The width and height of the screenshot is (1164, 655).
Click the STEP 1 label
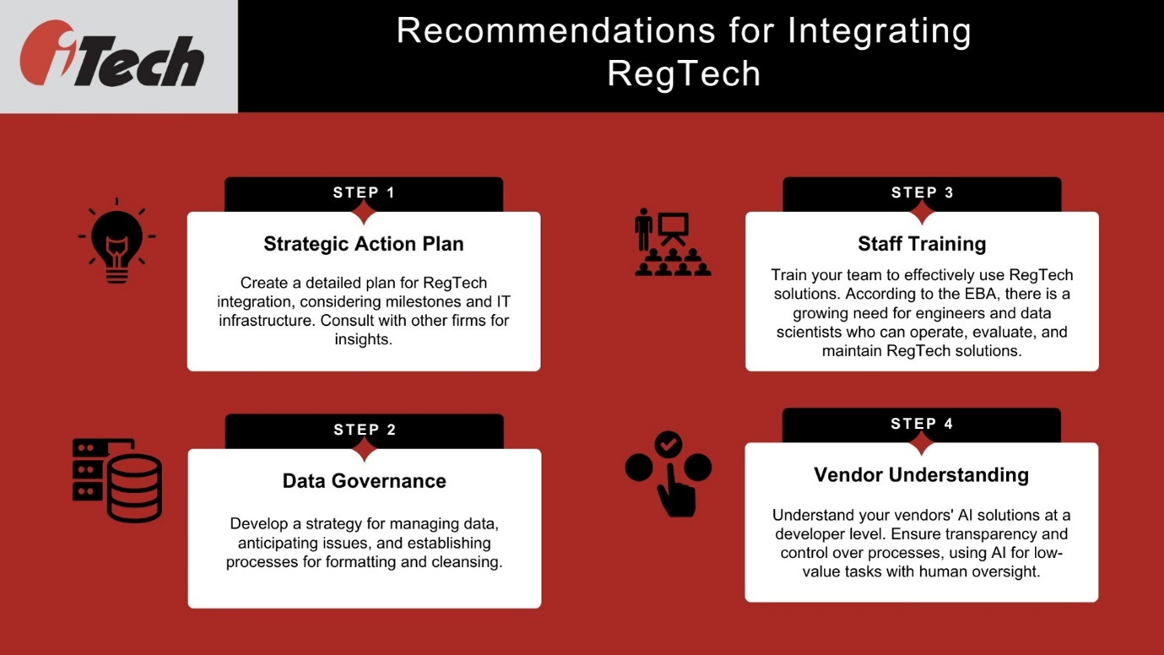point(364,192)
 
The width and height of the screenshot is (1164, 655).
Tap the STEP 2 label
point(365,430)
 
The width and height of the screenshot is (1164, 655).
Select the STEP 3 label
point(922,192)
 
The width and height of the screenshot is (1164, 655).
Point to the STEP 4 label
point(922,424)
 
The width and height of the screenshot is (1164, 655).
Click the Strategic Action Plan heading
point(364,244)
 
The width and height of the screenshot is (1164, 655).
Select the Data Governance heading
point(364,481)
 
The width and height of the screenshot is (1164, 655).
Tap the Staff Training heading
point(922,244)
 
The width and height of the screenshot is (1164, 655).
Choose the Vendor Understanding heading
point(921,475)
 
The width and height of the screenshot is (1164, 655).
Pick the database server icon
point(117,480)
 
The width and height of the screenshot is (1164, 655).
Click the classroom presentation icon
point(672,243)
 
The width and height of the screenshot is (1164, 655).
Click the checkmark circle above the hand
point(669,443)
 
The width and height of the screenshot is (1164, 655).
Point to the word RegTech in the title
point(684,73)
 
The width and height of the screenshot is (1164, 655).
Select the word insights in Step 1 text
point(364,339)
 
